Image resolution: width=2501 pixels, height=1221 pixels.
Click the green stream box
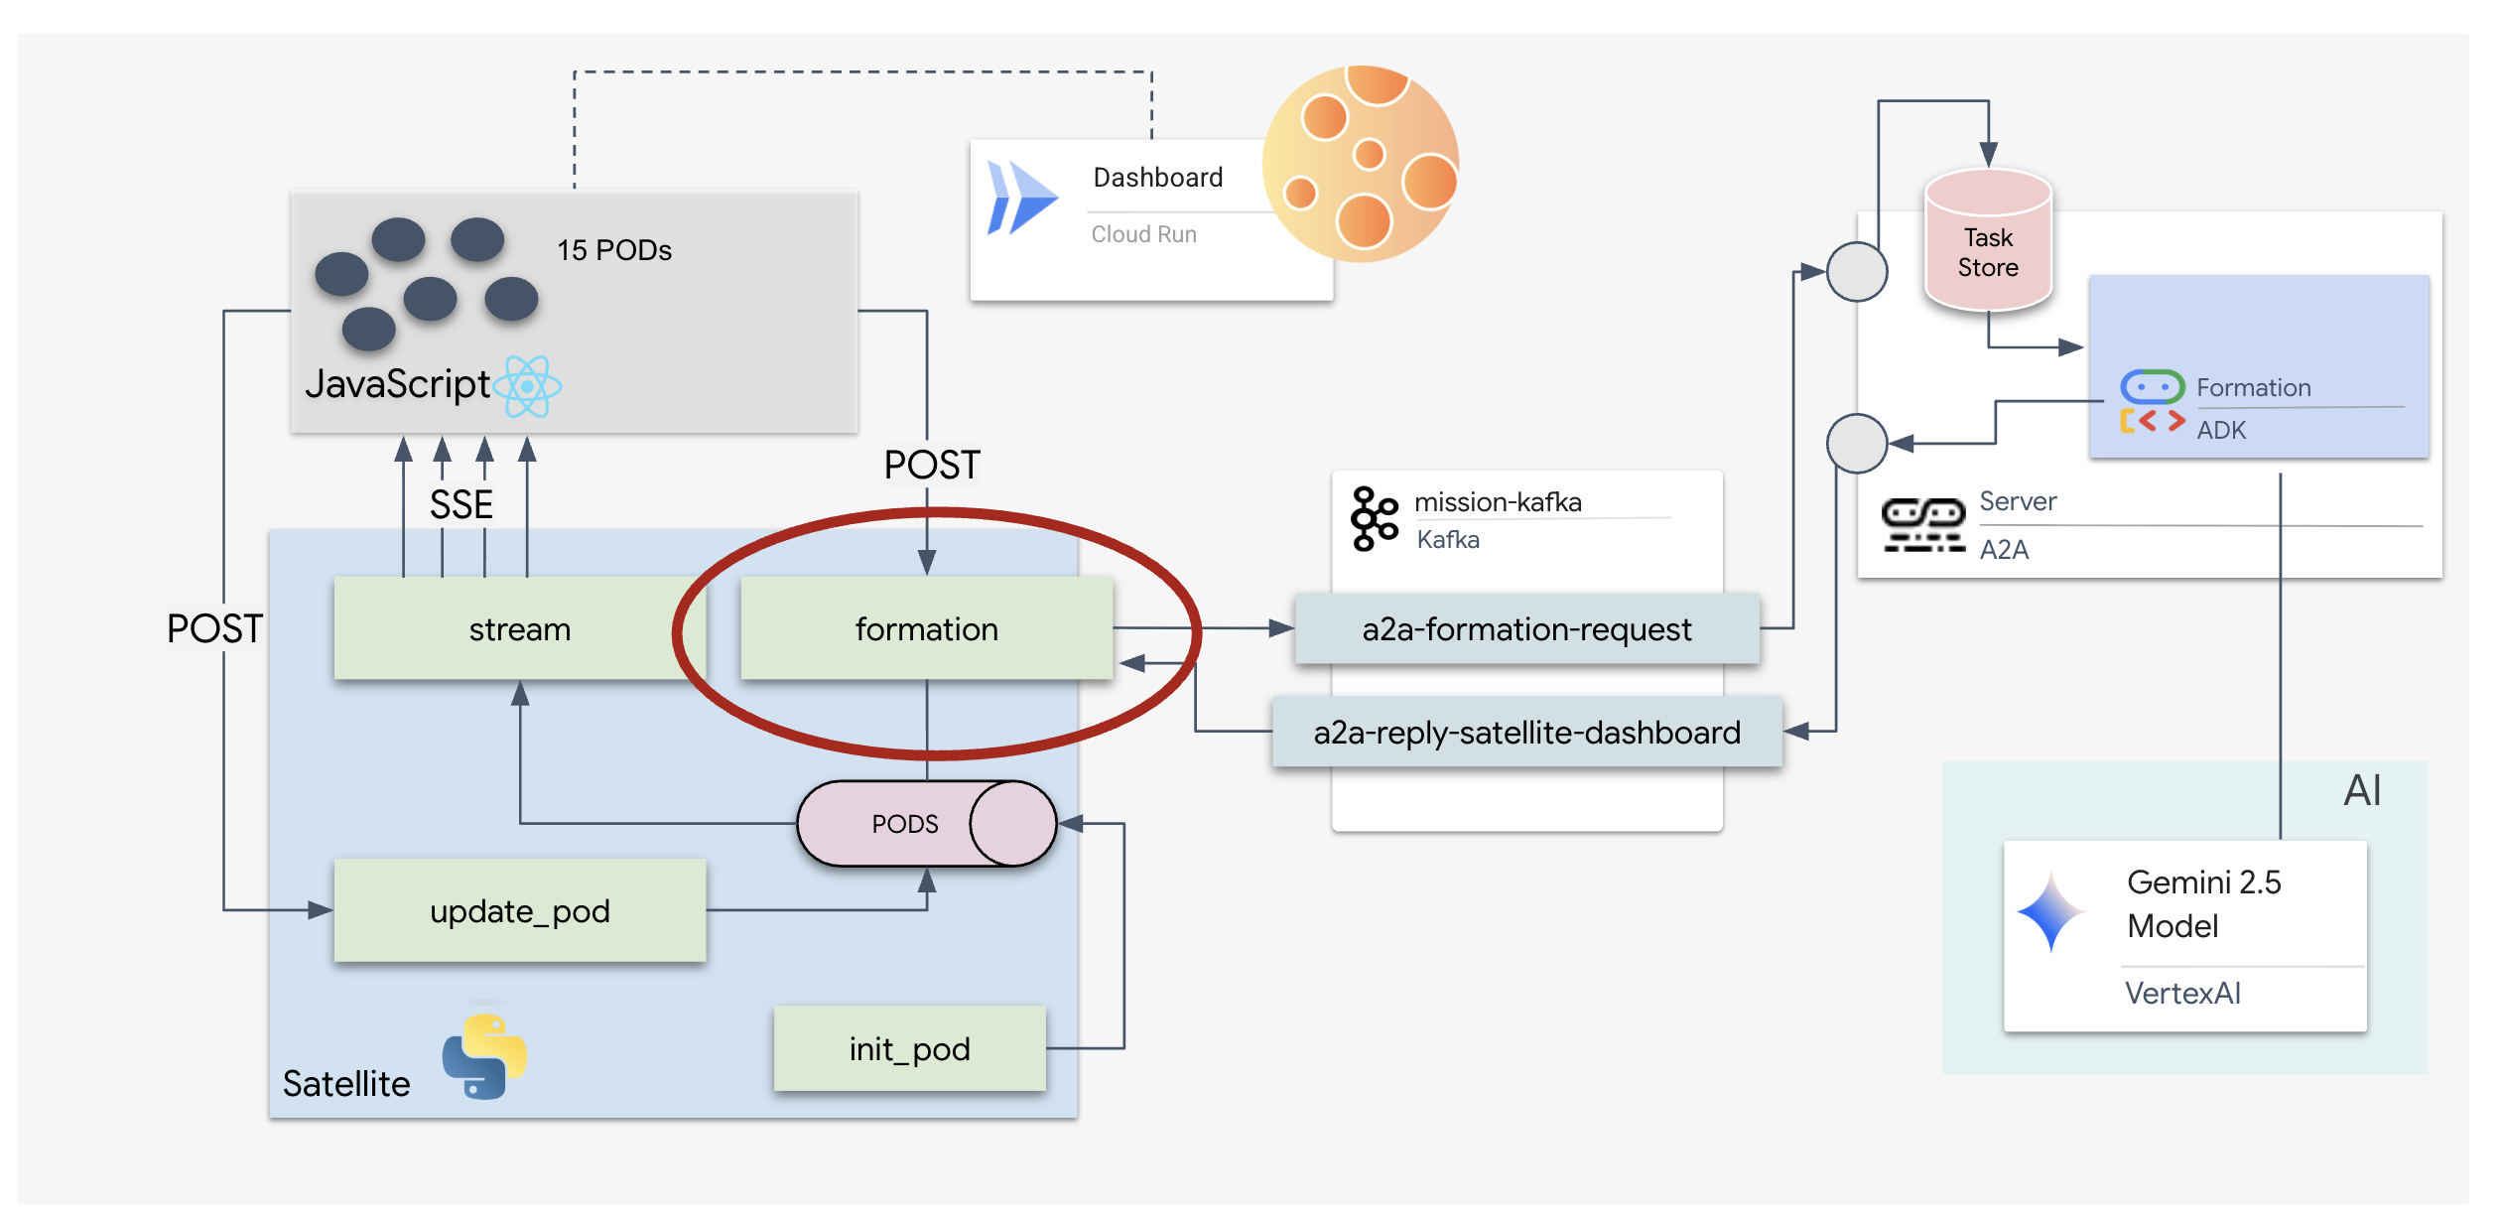click(x=519, y=629)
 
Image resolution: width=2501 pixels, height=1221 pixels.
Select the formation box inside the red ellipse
click(x=926, y=629)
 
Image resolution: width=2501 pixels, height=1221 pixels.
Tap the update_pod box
click(x=519, y=911)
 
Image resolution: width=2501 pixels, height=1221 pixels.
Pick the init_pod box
click(x=909, y=1049)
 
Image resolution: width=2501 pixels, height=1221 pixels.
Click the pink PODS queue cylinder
click(x=925, y=824)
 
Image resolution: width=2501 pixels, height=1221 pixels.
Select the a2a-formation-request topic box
click(x=1526, y=629)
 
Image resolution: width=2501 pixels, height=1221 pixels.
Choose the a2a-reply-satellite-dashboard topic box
click(x=1526, y=733)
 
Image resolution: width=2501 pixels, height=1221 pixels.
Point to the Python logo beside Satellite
click(x=484, y=1056)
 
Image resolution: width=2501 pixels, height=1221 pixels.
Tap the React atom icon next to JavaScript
click(x=528, y=386)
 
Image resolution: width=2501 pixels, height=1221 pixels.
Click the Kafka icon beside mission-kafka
click(x=1374, y=518)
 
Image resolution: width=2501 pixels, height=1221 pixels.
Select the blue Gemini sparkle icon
click(x=2050, y=910)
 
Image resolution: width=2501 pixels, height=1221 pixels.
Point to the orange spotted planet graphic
click(x=1362, y=165)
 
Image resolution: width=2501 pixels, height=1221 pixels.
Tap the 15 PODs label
click(x=613, y=250)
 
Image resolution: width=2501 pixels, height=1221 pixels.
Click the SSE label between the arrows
click(x=461, y=505)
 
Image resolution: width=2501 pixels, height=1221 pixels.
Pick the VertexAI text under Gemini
click(x=2181, y=994)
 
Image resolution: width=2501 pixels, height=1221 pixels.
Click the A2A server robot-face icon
click(x=1922, y=524)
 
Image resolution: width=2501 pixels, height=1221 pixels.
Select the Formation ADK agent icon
click(x=2151, y=402)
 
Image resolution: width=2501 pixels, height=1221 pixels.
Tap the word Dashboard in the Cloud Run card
click(x=1157, y=178)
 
